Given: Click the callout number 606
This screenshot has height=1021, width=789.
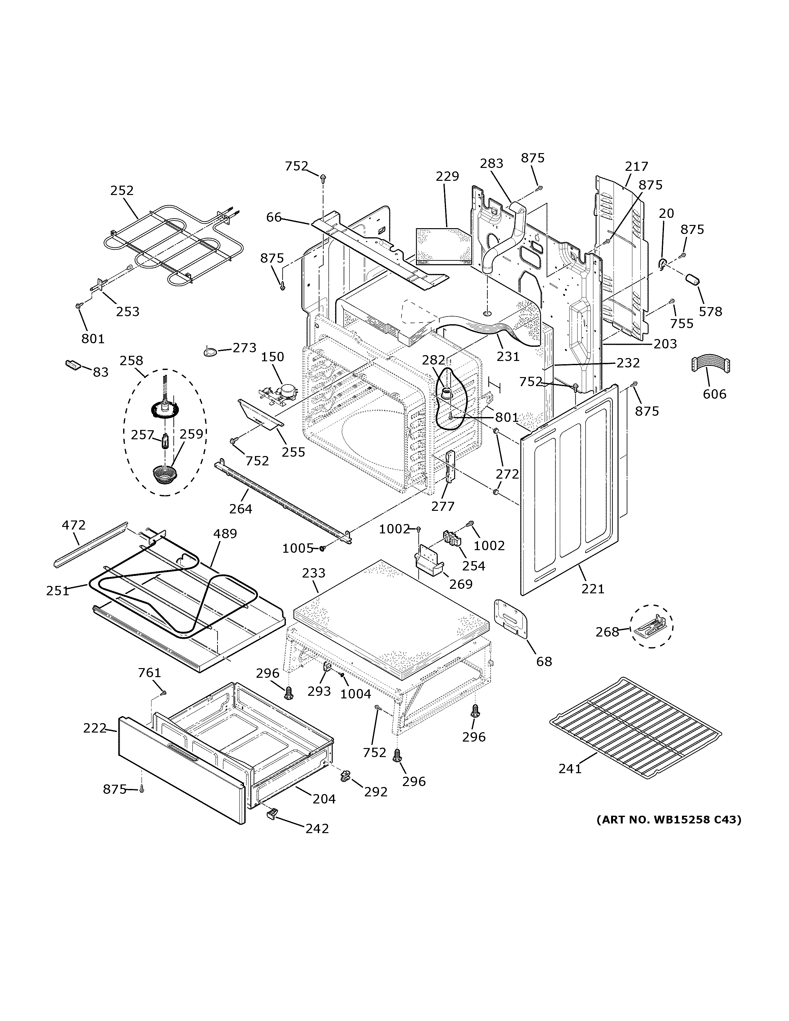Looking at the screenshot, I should coord(715,394).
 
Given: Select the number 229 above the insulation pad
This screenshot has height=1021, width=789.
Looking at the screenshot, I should coord(447,176).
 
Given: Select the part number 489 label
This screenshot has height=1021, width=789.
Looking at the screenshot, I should coord(225,533).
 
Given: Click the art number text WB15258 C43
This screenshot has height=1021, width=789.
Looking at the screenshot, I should coord(668,820).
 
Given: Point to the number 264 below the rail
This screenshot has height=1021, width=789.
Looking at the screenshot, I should coord(241,509).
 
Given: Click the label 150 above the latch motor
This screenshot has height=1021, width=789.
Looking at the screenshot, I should coord(272,357).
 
